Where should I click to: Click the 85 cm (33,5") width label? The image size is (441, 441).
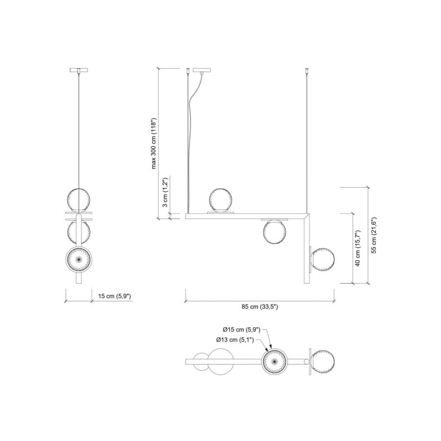tap(259, 307)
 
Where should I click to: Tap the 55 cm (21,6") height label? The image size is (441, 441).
tap(374, 235)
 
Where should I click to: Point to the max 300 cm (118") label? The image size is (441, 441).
tap(153, 143)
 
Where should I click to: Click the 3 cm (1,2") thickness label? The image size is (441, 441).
tap(166, 192)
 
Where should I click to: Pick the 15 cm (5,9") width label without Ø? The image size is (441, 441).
tap(115, 296)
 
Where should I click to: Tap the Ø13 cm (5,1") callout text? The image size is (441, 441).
tap(235, 340)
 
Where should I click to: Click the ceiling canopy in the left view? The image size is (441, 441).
tap(79, 70)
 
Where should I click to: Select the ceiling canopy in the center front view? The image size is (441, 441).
tap(201, 70)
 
